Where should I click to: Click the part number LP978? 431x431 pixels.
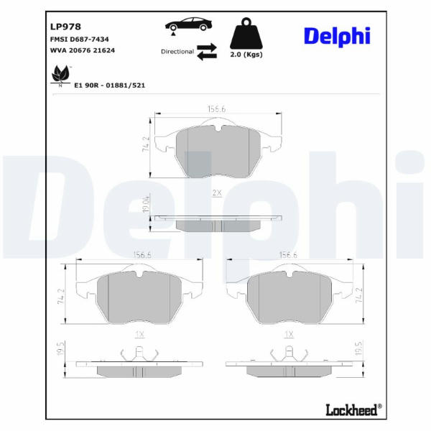[x=65, y=27]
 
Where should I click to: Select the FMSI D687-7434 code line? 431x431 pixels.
[x=80, y=40]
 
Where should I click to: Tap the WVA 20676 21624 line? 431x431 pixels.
[x=83, y=50]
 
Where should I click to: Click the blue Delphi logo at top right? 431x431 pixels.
[x=338, y=37]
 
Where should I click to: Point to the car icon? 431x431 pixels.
[x=188, y=24]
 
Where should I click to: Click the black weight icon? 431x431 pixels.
[x=246, y=33]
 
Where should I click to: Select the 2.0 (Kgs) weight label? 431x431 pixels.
[x=246, y=55]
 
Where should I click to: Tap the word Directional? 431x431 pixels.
[x=177, y=52]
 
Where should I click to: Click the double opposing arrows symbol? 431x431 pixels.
[x=207, y=52]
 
